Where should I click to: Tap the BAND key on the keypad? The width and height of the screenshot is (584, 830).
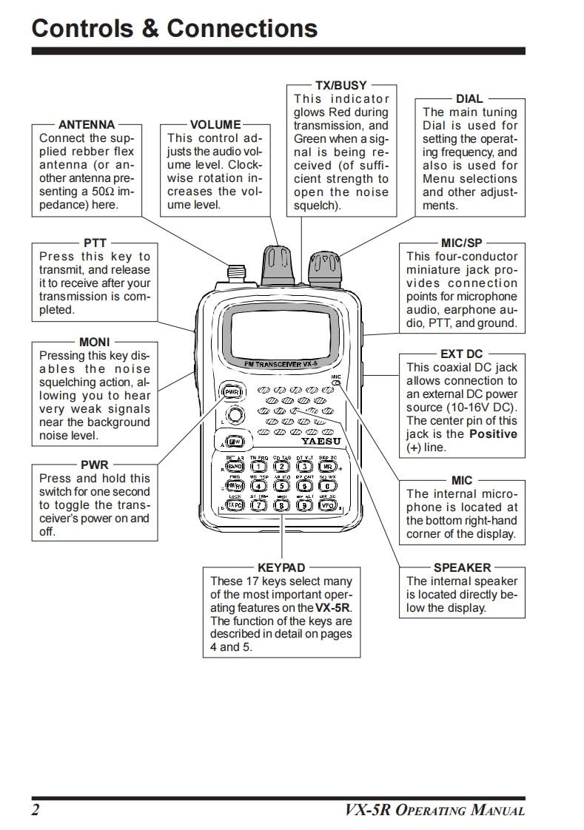click(235, 467)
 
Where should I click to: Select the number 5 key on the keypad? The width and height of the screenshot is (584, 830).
click(281, 486)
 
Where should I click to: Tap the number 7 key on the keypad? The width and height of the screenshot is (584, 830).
click(258, 506)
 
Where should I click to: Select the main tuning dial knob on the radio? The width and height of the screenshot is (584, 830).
click(323, 267)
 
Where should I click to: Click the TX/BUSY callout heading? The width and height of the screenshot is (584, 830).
click(341, 86)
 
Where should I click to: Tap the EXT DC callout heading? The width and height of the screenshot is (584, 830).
click(461, 354)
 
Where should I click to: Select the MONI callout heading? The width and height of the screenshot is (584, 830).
click(94, 342)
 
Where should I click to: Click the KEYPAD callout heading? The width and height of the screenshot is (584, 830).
click(281, 568)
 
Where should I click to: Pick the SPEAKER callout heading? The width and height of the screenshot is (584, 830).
click(462, 568)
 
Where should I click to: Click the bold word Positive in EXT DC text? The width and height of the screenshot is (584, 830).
click(493, 434)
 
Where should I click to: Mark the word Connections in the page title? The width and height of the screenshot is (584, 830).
click(243, 29)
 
